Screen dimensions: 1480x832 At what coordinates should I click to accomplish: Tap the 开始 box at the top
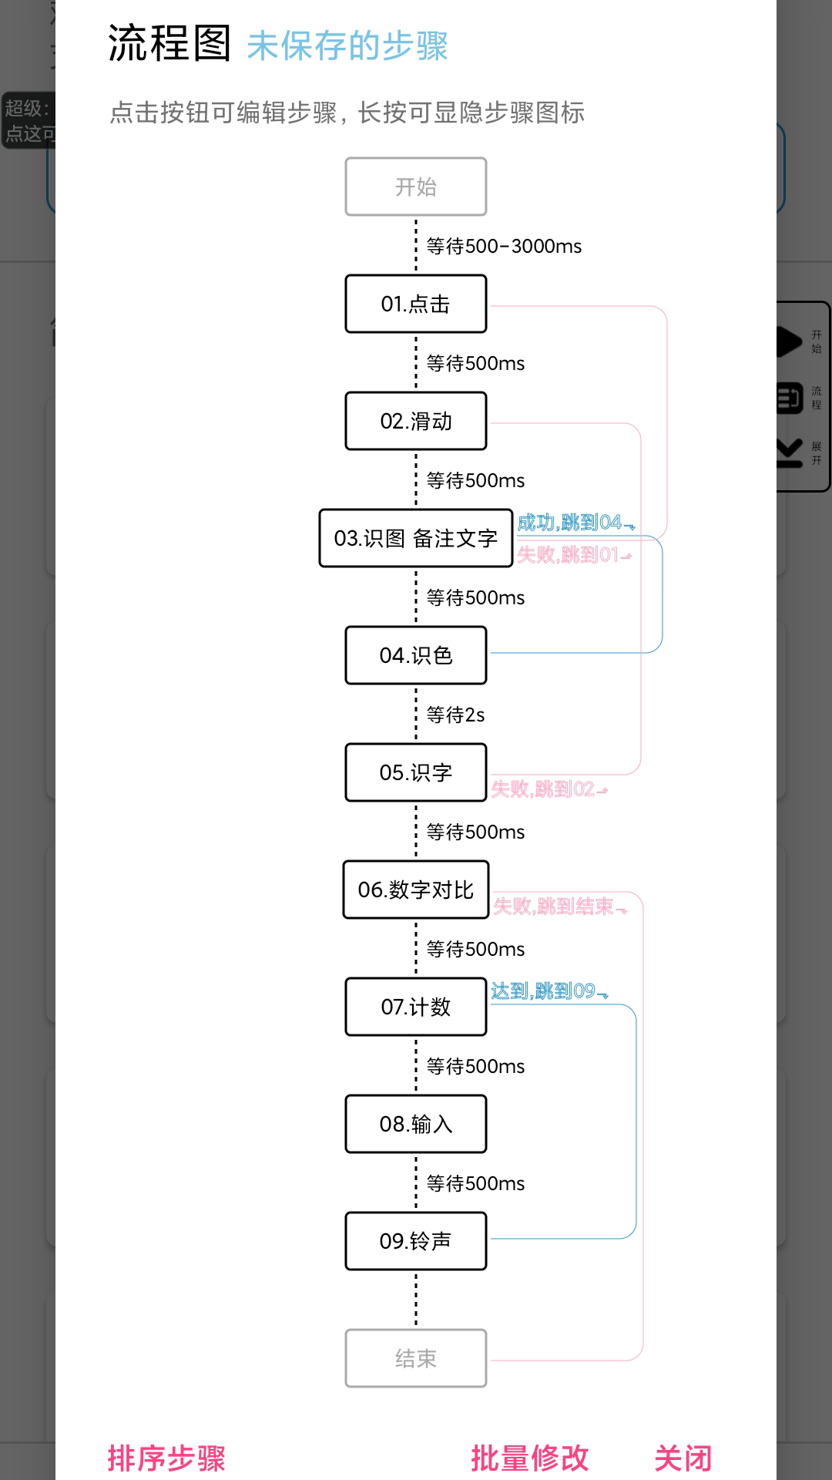(x=416, y=187)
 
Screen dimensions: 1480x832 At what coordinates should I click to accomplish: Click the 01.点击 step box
(x=416, y=304)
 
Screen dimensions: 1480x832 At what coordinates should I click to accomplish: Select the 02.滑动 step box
(x=416, y=421)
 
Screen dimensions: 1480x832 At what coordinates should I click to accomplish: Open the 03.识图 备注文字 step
(x=416, y=538)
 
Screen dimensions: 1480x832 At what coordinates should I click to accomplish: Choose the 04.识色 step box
(x=416, y=655)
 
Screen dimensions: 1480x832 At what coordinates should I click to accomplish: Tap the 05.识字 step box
(x=416, y=772)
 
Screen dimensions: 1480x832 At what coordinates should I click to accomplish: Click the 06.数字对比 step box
(x=416, y=890)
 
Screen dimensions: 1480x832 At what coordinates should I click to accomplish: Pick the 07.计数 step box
(x=416, y=1007)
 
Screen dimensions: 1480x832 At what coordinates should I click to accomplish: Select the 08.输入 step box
(x=416, y=1124)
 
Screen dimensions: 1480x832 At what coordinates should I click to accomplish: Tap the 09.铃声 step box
(x=416, y=1241)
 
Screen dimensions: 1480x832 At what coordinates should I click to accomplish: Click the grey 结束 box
(x=416, y=1358)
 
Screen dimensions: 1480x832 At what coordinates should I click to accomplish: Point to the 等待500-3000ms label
(x=504, y=247)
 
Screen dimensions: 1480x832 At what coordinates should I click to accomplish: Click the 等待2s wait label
(x=455, y=715)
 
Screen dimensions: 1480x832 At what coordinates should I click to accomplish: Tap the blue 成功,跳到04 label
(x=575, y=523)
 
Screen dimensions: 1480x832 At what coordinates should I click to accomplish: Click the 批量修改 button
(x=530, y=1458)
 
